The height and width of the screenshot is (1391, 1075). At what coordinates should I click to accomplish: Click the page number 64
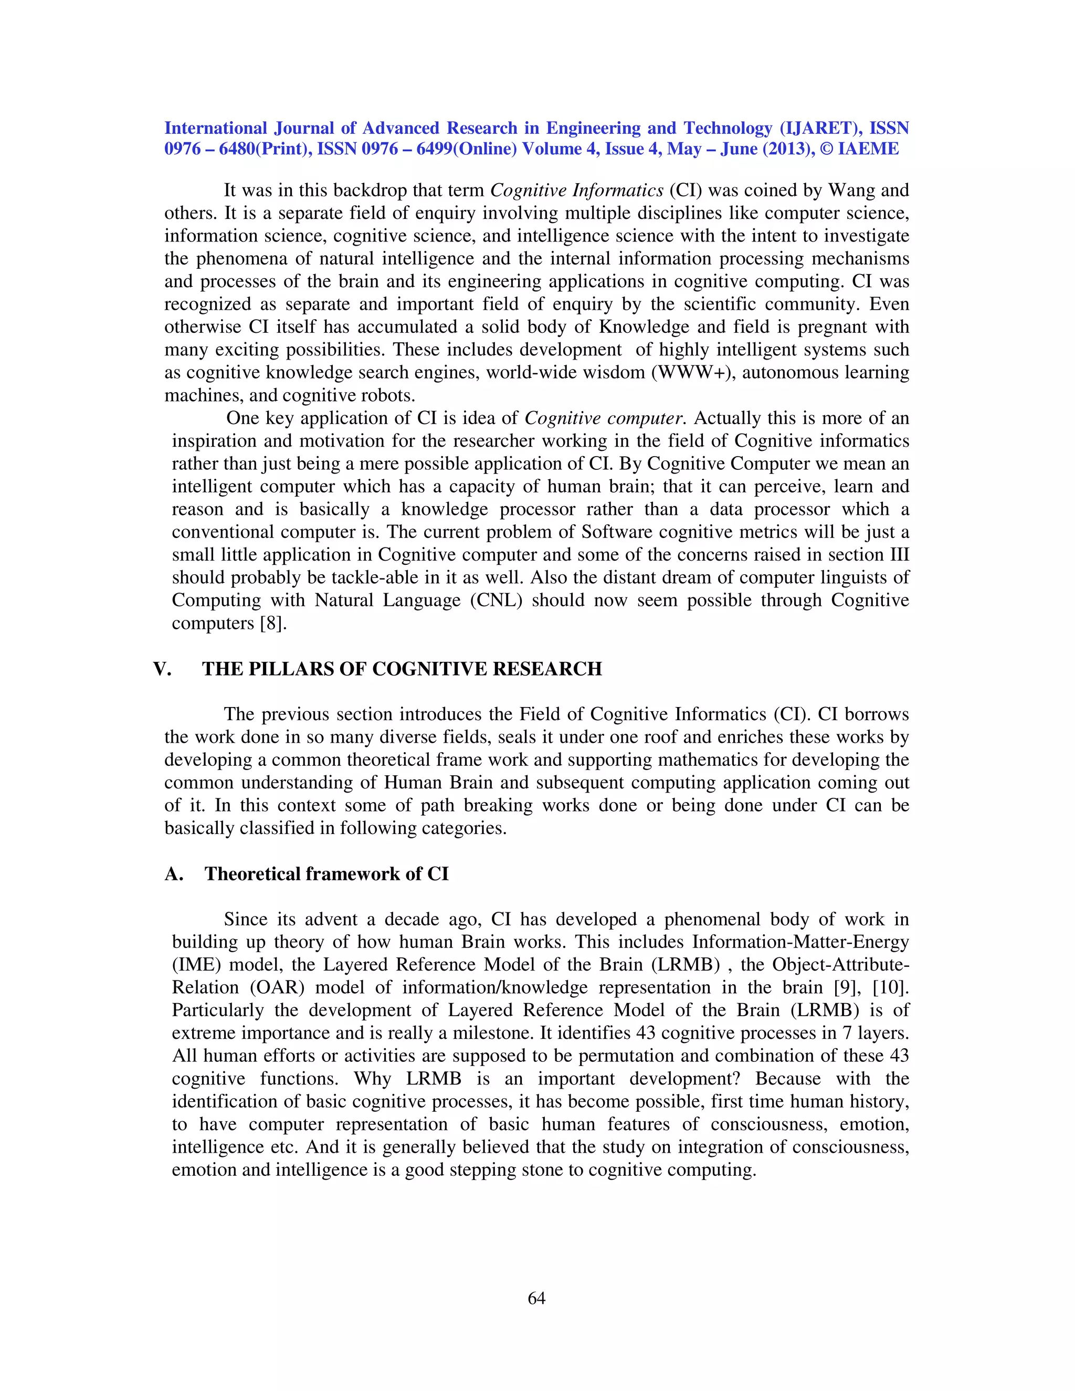[x=536, y=1298]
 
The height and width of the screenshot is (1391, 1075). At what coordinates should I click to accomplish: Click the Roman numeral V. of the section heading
[x=162, y=669]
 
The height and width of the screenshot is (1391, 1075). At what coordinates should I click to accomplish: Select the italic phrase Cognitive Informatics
[x=577, y=191]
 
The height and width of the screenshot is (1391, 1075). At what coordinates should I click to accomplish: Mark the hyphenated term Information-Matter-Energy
[x=800, y=942]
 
